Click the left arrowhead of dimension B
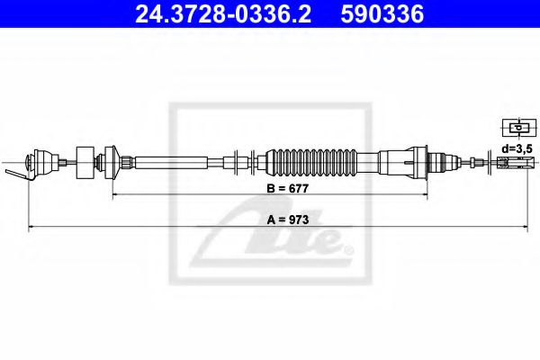115,195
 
